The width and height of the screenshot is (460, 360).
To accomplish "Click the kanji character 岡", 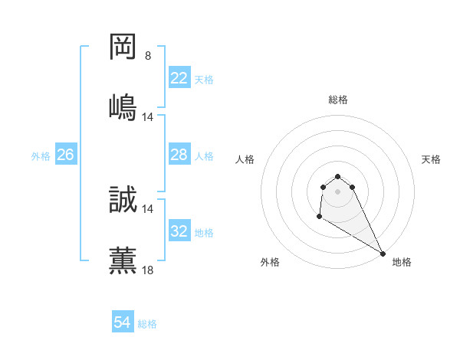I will click(123, 47).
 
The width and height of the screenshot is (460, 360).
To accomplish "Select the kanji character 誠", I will click(123, 199).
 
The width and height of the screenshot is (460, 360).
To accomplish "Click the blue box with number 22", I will click(179, 78).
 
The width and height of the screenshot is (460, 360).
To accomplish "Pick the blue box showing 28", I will click(179, 155).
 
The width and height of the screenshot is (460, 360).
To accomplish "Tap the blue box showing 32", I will click(179, 231).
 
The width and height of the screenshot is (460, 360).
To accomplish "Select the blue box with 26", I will click(65, 155).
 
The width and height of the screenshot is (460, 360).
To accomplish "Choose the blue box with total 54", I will click(123, 322).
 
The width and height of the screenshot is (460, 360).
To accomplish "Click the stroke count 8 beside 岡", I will click(148, 55).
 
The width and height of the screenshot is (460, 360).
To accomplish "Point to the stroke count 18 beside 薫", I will click(148, 270).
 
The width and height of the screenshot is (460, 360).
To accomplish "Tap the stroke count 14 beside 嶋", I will click(148, 116).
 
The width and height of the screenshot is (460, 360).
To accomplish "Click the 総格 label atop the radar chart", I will click(338, 100).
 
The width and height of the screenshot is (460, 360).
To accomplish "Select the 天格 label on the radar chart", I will click(431, 159).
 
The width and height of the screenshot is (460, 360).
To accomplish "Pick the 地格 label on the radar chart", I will click(402, 262).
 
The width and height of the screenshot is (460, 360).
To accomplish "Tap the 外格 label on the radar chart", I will click(270, 262).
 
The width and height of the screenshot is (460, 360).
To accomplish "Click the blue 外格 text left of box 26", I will click(41, 155).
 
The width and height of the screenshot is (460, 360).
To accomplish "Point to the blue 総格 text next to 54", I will click(147, 323).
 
